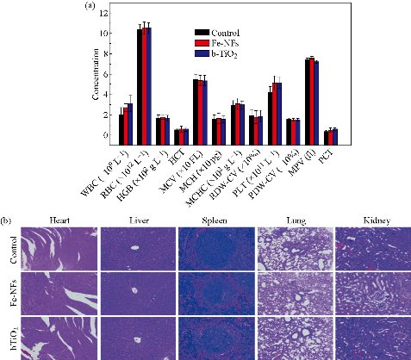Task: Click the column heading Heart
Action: click(x=59, y=221)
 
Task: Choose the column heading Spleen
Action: click(x=215, y=221)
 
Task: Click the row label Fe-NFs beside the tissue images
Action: click(x=11, y=293)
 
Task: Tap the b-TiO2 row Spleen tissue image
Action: click(x=215, y=338)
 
